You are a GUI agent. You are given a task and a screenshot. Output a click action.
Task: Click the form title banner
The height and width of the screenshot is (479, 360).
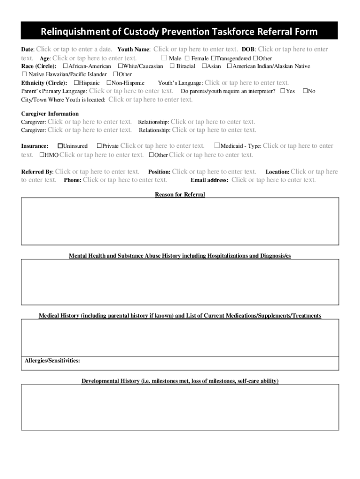pyautogui.click(x=179, y=32)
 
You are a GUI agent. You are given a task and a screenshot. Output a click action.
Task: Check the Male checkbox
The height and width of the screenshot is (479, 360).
pyautogui.click(x=164, y=58)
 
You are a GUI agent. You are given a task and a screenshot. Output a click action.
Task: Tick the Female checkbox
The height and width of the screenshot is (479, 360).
pyautogui.click(x=187, y=58)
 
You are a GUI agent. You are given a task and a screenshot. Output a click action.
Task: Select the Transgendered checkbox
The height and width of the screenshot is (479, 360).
pyautogui.click(x=213, y=58)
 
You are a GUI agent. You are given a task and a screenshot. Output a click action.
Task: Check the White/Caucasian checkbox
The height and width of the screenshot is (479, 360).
pyautogui.click(x=120, y=66)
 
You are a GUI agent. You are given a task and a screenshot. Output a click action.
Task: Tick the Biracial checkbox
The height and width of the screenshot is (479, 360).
pyautogui.click(x=172, y=66)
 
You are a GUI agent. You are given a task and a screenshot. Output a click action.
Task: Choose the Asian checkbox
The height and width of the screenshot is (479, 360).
pyautogui.click(x=204, y=66)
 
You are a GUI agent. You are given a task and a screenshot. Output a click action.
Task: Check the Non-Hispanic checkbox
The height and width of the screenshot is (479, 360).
pyautogui.click(x=109, y=83)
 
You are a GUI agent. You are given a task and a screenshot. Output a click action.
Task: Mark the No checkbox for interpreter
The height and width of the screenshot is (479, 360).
pyautogui.click(x=305, y=91)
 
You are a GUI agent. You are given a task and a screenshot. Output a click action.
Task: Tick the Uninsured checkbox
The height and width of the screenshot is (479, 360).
pyautogui.click(x=60, y=146)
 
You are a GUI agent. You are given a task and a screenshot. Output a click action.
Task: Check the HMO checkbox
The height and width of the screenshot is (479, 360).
pyautogui.click(x=42, y=155)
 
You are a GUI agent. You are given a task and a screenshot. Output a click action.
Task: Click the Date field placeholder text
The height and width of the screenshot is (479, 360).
pyautogui.click(x=74, y=49)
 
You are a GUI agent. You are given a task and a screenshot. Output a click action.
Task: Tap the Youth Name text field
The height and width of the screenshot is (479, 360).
pyautogui.click(x=195, y=49)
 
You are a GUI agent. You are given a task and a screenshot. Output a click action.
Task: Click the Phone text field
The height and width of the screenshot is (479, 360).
pyautogui.click(x=125, y=180)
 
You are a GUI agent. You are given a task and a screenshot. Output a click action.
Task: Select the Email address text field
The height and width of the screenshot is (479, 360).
pyautogui.click(x=274, y=180)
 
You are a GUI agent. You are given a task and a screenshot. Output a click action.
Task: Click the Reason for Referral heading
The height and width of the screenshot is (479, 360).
pyautogui.click(x=180, y=194)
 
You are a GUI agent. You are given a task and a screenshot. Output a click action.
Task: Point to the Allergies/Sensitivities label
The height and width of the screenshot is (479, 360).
pyautogui.click(x=52, y=361)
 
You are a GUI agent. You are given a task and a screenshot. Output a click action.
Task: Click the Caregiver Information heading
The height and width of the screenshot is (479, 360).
pyautogui.click(x=50, y=114)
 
